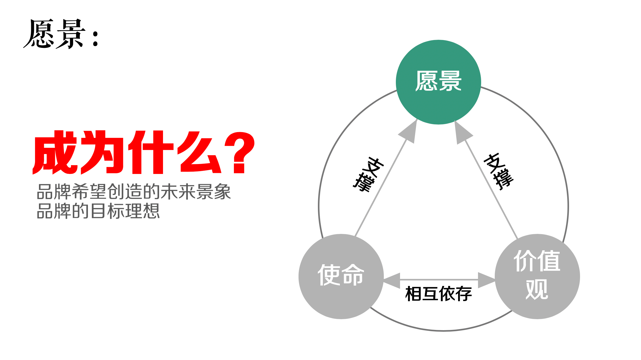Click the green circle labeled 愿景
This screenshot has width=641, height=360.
click(438, 82)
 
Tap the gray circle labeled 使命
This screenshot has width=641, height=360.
click(341, 276)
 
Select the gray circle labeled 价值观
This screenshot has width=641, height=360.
click(537, 276)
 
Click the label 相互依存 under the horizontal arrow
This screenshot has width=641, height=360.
click(438, 294)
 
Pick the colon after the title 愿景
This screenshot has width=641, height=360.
click(95, 39)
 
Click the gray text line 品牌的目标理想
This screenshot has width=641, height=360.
click(98, 211)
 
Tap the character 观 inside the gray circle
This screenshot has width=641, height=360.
click(537, 289)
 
